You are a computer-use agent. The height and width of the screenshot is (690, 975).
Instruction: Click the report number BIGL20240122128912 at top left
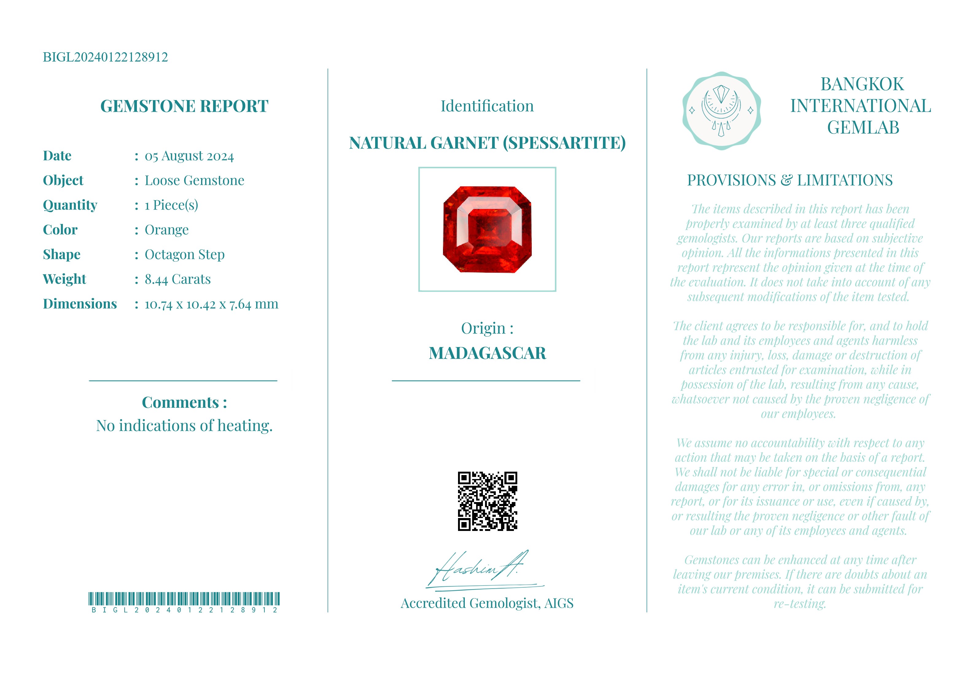click(x=105, y=57)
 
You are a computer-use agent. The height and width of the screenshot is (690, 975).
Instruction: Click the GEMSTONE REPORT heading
click(x=184, y=106)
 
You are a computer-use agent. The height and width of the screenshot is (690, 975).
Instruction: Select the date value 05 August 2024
click(x=189, y=156)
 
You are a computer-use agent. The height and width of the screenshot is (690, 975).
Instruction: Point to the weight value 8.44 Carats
click(x=177, y=279)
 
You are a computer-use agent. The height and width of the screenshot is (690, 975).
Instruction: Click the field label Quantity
click(x=70, y=205)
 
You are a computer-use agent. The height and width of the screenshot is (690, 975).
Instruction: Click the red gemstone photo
click(x=487, y=229)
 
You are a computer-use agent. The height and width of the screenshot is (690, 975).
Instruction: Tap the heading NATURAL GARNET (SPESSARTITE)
click(x=487, y=143)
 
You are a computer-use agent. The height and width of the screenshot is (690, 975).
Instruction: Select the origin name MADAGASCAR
click(x=487, y=353)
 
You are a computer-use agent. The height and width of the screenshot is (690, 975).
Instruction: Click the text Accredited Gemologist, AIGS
click(x=487, y=603)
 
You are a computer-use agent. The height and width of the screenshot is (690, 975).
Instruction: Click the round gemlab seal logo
click(x=721, y=111)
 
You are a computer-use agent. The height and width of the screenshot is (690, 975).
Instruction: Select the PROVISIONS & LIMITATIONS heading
click(x=790, y=181)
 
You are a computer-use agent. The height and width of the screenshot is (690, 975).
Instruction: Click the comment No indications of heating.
click(x=184, y=426)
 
